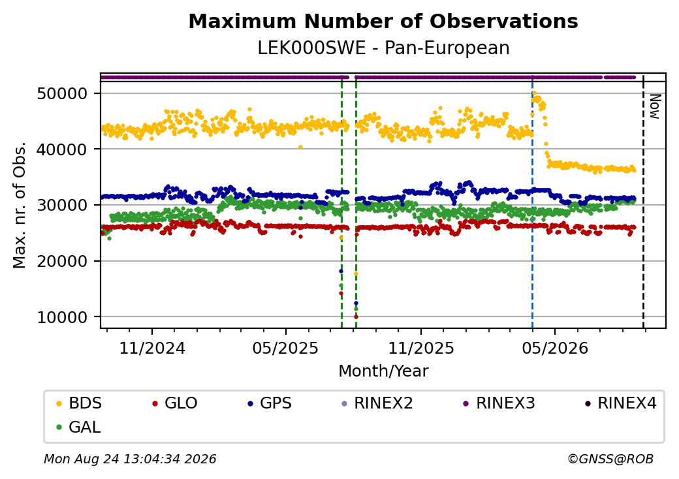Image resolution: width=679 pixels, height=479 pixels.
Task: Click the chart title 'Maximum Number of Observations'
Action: click(x=383, y=21)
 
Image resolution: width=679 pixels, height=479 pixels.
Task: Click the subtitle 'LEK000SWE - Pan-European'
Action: click(x=383, y=48)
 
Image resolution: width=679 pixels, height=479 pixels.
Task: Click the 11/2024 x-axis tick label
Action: click(x=152, y=348)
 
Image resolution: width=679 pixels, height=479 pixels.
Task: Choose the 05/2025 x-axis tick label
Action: click(x=285, y=348)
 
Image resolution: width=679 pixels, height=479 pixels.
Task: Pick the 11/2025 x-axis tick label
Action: click(x=421, y=348)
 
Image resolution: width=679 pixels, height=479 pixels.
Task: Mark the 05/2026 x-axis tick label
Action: click(x=555, y=348)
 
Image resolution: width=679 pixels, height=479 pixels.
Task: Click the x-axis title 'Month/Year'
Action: click(x=383, y=371)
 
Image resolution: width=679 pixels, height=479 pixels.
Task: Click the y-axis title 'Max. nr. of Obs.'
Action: click(x=20, y=205)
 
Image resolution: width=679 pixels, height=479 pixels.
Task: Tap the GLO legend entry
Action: click(x=175, y=403)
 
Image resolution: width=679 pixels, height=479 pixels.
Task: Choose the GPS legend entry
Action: click(x=270, y=403)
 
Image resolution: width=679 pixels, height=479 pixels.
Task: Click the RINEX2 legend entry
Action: click(x=377, y=403)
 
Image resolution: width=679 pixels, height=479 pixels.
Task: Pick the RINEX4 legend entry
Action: click(x=620, y=403)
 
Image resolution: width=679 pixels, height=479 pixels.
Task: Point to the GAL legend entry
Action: click(x=79, y=427)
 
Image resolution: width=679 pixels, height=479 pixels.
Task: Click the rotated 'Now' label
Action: click(x=655, y=106)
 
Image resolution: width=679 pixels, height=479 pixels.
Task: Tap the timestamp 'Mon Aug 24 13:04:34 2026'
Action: click(x=130, y=459)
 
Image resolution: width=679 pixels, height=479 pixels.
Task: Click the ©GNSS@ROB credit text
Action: click(x=610, y=459)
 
